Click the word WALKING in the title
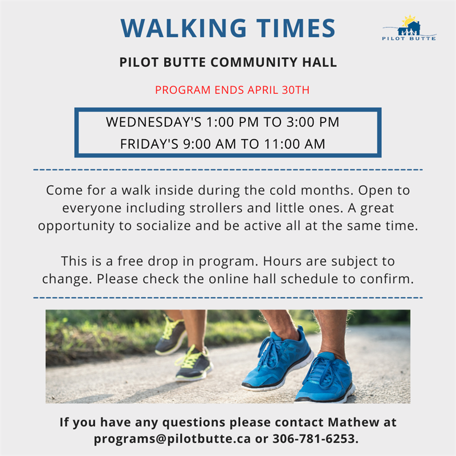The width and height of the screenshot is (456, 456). pos(184,28)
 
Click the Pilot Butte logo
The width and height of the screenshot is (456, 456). pos(409,27)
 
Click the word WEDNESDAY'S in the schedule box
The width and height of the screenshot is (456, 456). pos(153,122)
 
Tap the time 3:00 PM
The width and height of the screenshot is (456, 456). pos(313,122)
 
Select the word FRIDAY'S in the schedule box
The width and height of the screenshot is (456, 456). pos(149,144)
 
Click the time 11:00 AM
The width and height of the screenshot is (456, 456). pos(295,144)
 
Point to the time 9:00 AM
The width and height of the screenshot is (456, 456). pos(209,144)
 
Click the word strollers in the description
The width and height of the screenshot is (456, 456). pos(216,208)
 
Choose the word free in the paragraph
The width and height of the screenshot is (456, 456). pos(131,261)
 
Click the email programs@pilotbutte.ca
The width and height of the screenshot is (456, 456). pos(172,439)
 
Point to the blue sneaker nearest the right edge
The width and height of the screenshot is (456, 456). pos(325,377)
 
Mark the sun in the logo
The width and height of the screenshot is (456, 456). pos(409,21)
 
